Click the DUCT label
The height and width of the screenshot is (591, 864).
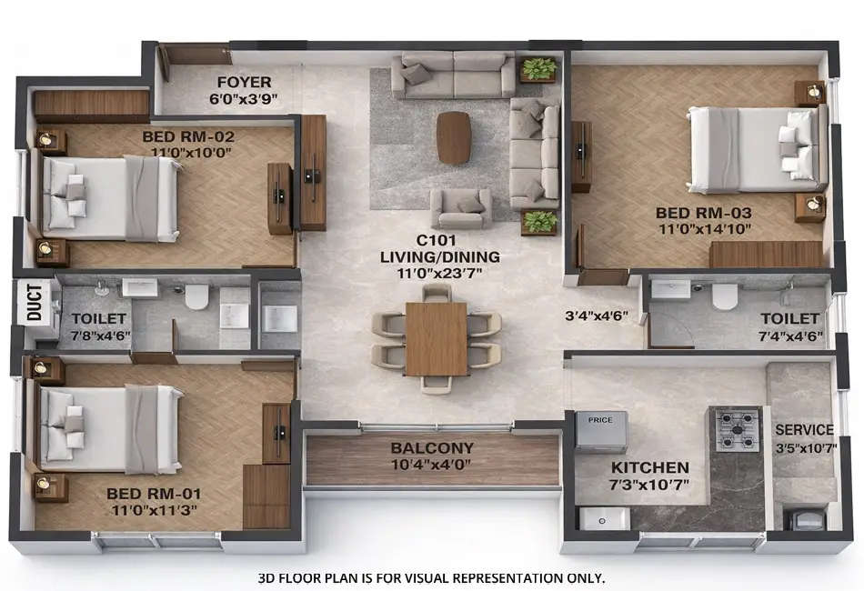click(x=34, y=303)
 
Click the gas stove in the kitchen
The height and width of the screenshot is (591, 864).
click(x=736, y=430)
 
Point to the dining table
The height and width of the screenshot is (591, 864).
click(x=437, y=338)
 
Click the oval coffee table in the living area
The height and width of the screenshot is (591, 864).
click(x=454, y=137)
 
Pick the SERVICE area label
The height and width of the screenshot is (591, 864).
click(x=803, y=429)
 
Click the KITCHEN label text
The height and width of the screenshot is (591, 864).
click(x=649, y=467)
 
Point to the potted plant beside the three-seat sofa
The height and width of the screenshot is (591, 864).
click(x=539, y=69)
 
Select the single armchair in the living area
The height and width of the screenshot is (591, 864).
click(x=461, y=208)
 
